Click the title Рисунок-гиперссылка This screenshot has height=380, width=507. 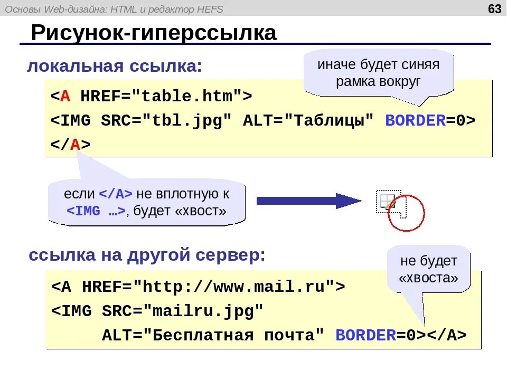point(154,33)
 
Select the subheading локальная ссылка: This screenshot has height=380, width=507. point(115,66)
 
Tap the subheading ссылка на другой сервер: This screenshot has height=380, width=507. point(147,255)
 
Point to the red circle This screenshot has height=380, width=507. point(406,213)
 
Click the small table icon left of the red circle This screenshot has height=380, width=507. point(387,201)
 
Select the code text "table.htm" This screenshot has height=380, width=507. point(187,97)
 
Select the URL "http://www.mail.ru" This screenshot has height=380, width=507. point(234,287)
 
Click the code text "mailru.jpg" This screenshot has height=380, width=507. point(207,311)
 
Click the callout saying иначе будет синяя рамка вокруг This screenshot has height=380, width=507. point(378,73)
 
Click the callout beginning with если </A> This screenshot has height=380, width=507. point(146,202)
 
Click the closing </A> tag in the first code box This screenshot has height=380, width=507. point(71,145)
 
